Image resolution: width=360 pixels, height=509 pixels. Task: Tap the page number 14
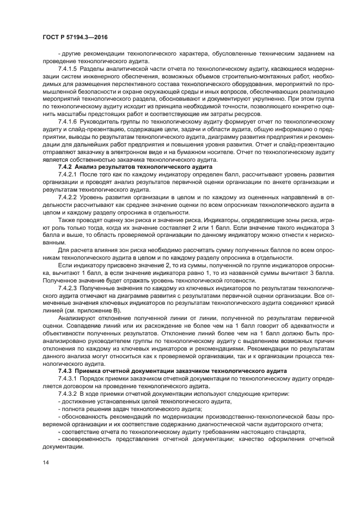45,462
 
